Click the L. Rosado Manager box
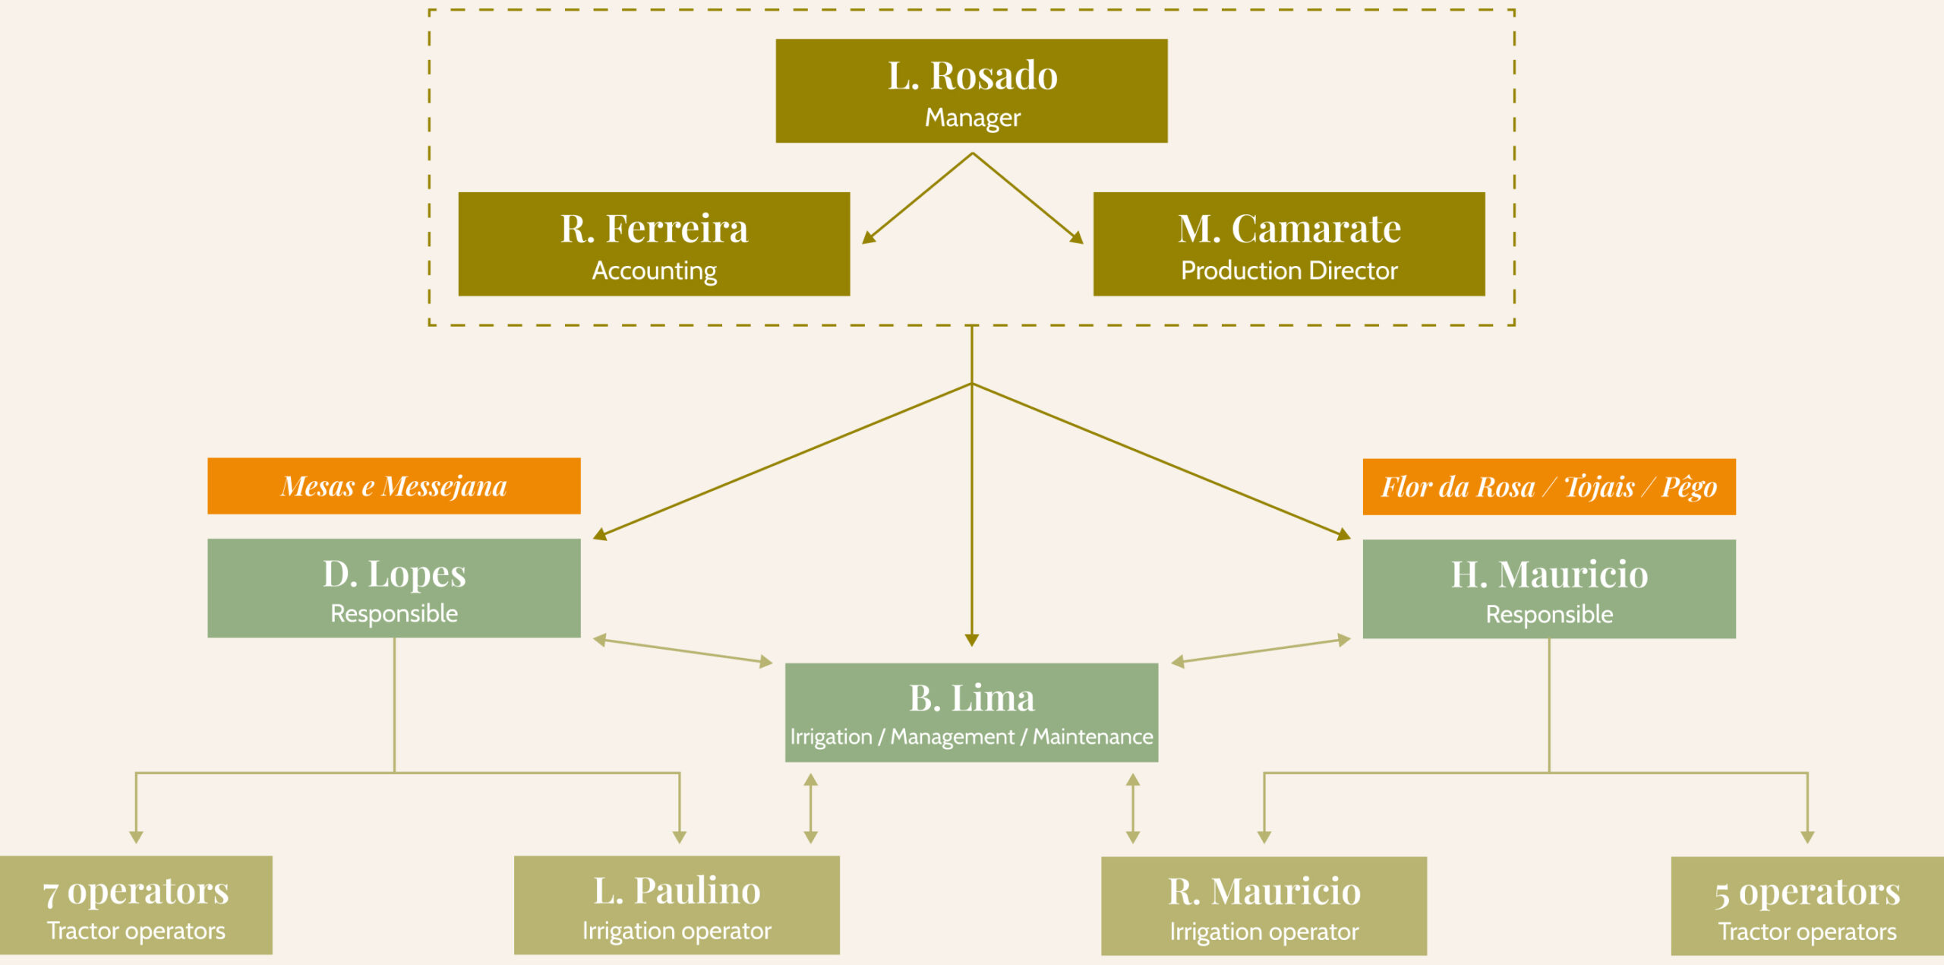click(971, 90)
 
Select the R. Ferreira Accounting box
click(654, 243)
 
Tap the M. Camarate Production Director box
click(1289, 243)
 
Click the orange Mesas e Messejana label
click(393, 486)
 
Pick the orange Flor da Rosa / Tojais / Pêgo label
click(1548, 486)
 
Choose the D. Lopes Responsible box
click(393, 587)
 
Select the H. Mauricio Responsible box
click(1548, 588)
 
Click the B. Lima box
click(971, 712)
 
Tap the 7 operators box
click(136, 904)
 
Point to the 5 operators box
click(1807, 905)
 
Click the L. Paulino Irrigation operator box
click(677, 904)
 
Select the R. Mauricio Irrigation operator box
click(1264, 905)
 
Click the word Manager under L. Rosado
click(972, 118)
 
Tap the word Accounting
click(654, 271)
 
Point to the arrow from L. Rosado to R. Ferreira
click(917, 198)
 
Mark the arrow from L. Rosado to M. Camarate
click(1027, 198)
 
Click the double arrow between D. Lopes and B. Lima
click(682, 651)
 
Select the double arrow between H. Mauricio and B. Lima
click(1261, 651)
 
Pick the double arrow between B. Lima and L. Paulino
click(810, 808)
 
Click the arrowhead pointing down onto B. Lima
click(971, 640)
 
